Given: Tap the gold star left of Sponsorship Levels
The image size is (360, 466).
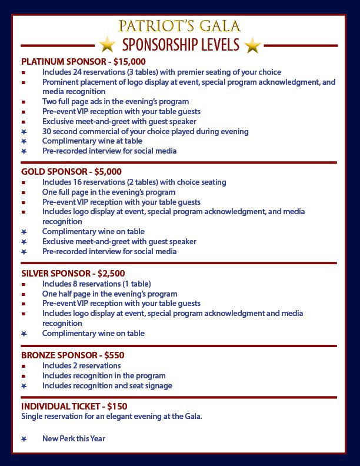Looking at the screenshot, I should (x=107, y=44).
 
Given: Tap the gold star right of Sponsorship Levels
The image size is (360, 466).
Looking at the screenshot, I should (x=252, y=44).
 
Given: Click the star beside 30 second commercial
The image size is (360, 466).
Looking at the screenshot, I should (x=24, y=131).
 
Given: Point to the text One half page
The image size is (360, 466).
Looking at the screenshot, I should (x=68, y=294).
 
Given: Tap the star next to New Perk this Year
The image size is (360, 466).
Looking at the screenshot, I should (x=24, y=439).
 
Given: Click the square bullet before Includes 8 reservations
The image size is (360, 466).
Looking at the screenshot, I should (x=24, y=284).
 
